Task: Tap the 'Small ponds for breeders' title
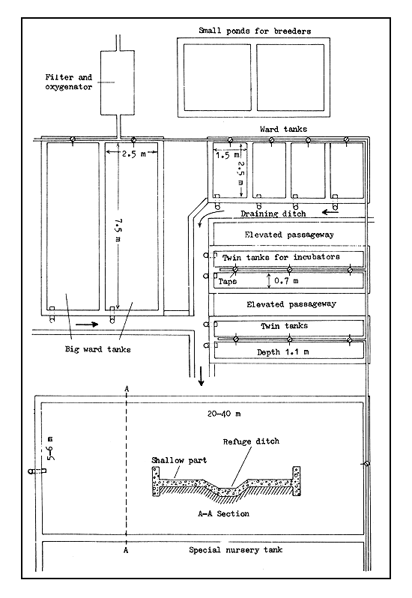[x=254, y=31]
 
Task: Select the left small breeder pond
[x=216, y=77]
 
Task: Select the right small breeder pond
[x=291, y=77]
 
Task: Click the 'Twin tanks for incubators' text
[x=281, y=257]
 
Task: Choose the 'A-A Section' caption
[x=223, y=514]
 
